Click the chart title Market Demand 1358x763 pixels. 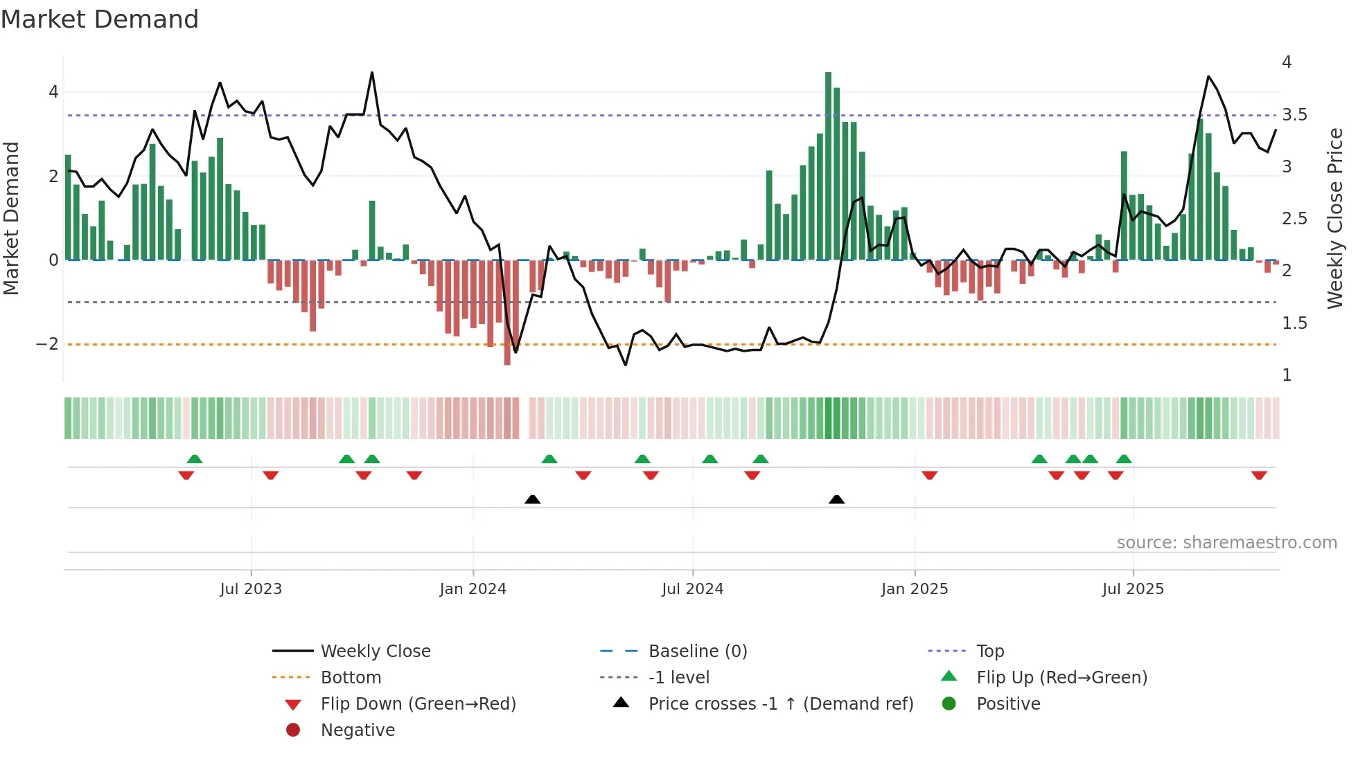[100, 19]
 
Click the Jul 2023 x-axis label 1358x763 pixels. [251, 589]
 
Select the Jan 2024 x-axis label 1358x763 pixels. [473, 589]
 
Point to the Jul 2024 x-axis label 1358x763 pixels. [693, 589]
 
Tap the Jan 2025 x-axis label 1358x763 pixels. [915, 589]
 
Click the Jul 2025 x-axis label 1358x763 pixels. [1134, 589]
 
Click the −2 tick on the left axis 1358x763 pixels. [47, 344]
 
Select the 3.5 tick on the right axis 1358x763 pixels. [1294, 115]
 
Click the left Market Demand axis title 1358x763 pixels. [11, 218]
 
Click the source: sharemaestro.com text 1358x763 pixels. [1226, 543]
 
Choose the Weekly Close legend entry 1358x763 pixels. [376, 652]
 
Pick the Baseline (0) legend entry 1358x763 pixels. [698, 652]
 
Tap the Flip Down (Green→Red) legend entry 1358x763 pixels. [418, 704]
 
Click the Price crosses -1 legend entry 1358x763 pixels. [781, 704]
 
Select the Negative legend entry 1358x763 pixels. [358, 730]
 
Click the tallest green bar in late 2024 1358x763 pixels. [828, 166]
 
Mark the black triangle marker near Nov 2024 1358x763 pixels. [836, 500]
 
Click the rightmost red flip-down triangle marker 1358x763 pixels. [1259, 475]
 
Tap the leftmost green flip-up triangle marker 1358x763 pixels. [195, 459]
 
